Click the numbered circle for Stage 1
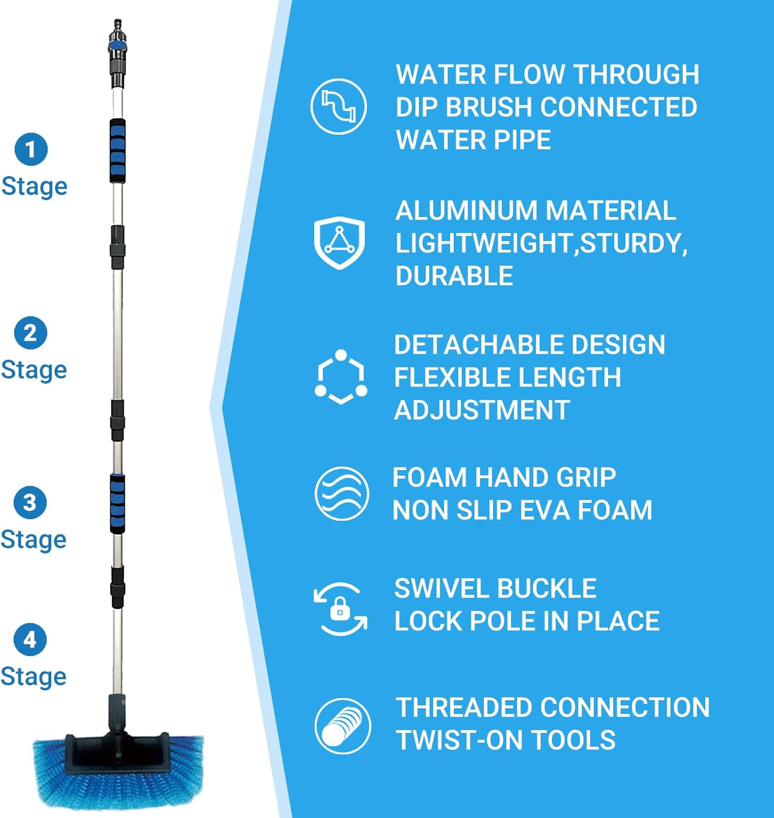coord(31,149)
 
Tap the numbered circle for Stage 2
coord(31,333)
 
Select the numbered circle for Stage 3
coord(30,502)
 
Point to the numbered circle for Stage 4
coord(30,639)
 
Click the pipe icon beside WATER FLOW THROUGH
coord(339,106)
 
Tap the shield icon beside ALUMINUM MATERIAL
coord(339,242)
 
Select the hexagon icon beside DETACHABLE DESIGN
coord(341,377)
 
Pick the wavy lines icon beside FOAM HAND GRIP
coord(342,494)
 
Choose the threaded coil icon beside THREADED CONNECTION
coord(343,726)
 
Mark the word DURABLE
coord(454,276)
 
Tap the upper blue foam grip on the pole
coord(117,151)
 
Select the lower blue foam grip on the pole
coord(117,503)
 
